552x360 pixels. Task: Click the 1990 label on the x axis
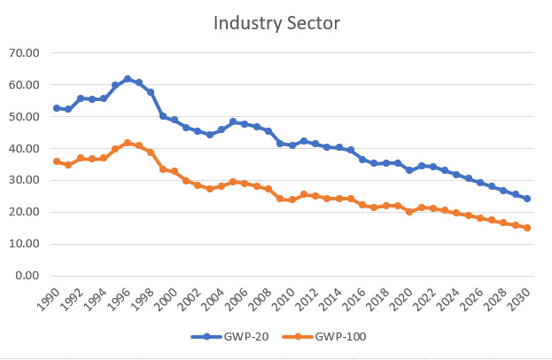click(54, 299)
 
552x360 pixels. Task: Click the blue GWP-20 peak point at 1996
click(128, 79)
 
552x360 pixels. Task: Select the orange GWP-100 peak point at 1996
click(128, 143)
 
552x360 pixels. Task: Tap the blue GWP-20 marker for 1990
click(57, 108)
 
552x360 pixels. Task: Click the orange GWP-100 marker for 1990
click(57, 161)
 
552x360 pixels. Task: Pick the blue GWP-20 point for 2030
click(527, 199)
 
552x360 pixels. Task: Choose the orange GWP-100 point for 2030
click(527, 228)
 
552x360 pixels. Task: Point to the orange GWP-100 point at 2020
click(409, 212)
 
